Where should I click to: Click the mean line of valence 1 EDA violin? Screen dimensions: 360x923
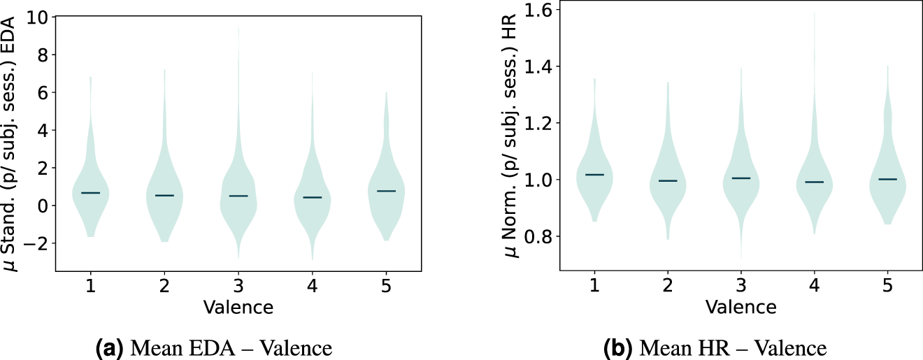(91, 193)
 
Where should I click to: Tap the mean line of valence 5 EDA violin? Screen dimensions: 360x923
(386, 191)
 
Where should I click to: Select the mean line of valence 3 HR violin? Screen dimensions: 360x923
(740, 178)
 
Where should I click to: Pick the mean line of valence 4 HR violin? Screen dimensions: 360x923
(814, 182)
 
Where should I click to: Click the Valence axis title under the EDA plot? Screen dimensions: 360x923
(238, 306)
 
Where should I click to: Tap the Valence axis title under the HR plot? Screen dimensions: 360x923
(740, 306)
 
